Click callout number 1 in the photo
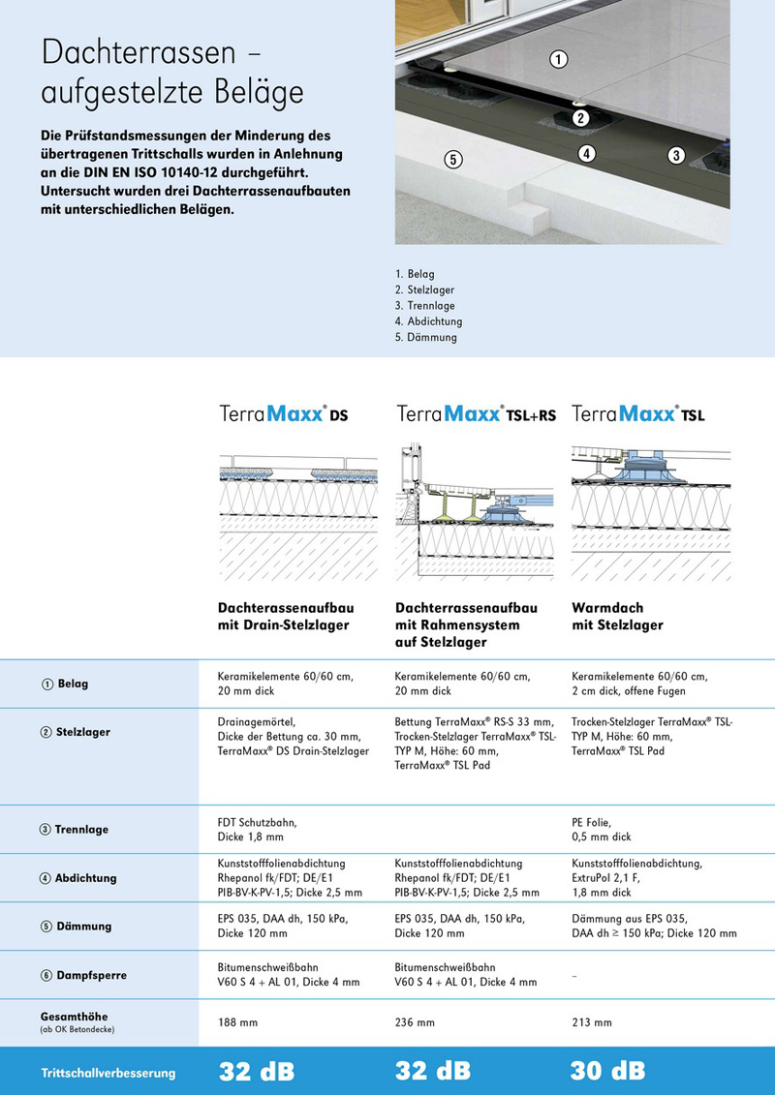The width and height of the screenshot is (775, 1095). [558, 60]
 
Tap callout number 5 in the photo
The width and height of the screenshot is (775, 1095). [451, 160]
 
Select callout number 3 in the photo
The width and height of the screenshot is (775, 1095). [676, 155]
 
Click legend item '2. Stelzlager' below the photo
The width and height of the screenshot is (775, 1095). [424, 289]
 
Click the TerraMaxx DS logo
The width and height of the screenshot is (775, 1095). [283, 415]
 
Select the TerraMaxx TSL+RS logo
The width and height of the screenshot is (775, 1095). [476, 415]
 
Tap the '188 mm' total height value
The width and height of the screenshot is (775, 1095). [238, 1022]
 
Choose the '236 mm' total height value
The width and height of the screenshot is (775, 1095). [415, 1022]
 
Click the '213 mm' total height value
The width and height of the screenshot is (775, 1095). [592, 1022]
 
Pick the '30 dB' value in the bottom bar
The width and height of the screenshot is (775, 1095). [607, 1071]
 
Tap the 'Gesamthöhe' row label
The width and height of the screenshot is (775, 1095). [74, 1017]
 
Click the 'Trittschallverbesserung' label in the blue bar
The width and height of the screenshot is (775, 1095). [108, 1073]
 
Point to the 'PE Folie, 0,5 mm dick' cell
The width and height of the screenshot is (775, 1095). [602, 829]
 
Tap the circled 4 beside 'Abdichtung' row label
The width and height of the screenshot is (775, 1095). [46, 878]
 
